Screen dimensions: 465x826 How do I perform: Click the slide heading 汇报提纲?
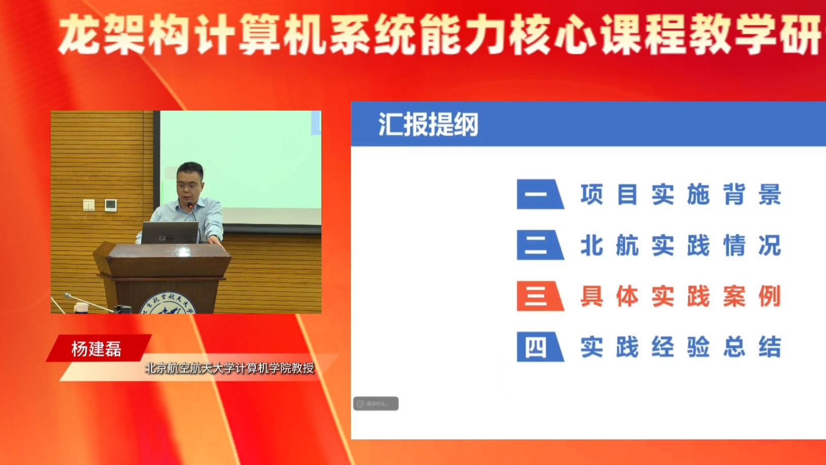428,125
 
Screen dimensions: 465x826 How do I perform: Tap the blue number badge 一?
539,194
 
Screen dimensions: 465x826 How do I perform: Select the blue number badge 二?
539,245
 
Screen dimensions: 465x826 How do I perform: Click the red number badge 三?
539,296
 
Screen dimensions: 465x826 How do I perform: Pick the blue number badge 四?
539,347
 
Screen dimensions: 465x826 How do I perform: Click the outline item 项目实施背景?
680,195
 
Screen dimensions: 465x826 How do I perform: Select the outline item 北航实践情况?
680,245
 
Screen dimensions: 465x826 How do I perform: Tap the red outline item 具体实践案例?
680,296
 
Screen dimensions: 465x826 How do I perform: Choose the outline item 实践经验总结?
680,348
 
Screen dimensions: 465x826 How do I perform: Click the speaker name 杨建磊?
96,349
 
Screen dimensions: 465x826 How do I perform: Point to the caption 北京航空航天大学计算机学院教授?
229,368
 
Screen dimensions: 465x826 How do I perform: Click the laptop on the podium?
170,233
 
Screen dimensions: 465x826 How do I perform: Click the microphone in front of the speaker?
190,206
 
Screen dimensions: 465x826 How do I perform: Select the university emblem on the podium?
168,304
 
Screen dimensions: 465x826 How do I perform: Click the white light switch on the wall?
89,205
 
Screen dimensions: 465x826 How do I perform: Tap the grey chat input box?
376,404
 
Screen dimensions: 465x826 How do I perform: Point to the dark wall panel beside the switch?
111,205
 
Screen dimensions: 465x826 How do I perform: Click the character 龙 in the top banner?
79,35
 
